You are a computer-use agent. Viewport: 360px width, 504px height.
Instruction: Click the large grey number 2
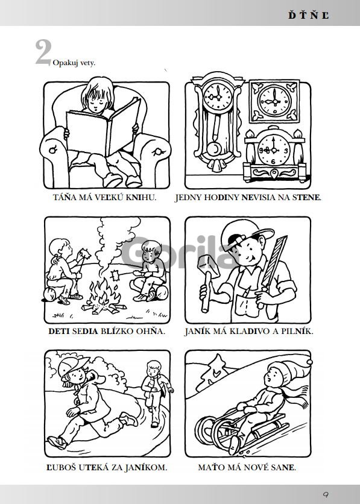43,52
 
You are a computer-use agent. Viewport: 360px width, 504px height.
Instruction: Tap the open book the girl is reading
103,127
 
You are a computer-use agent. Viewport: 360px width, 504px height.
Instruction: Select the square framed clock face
274,101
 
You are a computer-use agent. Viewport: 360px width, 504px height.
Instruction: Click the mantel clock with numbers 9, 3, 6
274,154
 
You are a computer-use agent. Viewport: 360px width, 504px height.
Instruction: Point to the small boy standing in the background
156,393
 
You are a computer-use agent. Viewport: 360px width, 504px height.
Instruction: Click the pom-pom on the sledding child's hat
309,362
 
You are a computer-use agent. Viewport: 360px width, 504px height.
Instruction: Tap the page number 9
326,494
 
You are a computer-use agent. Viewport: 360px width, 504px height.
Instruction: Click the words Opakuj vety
74,63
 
